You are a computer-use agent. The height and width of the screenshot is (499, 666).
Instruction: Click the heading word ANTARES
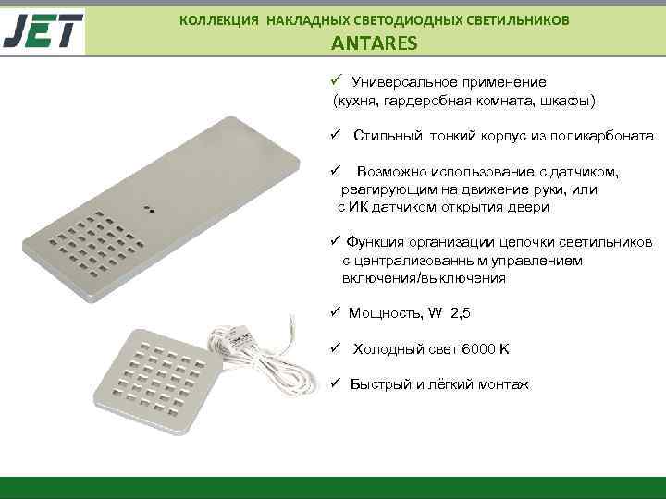375,43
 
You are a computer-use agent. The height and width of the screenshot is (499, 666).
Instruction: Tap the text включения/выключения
423,277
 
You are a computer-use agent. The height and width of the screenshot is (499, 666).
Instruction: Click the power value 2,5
460,313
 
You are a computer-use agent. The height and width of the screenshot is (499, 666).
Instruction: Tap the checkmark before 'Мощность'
337,312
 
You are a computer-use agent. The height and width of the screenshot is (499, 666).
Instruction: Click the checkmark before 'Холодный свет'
337,348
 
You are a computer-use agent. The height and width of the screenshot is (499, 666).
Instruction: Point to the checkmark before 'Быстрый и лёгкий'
337,383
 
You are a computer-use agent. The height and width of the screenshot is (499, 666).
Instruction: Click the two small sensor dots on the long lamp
148,207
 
